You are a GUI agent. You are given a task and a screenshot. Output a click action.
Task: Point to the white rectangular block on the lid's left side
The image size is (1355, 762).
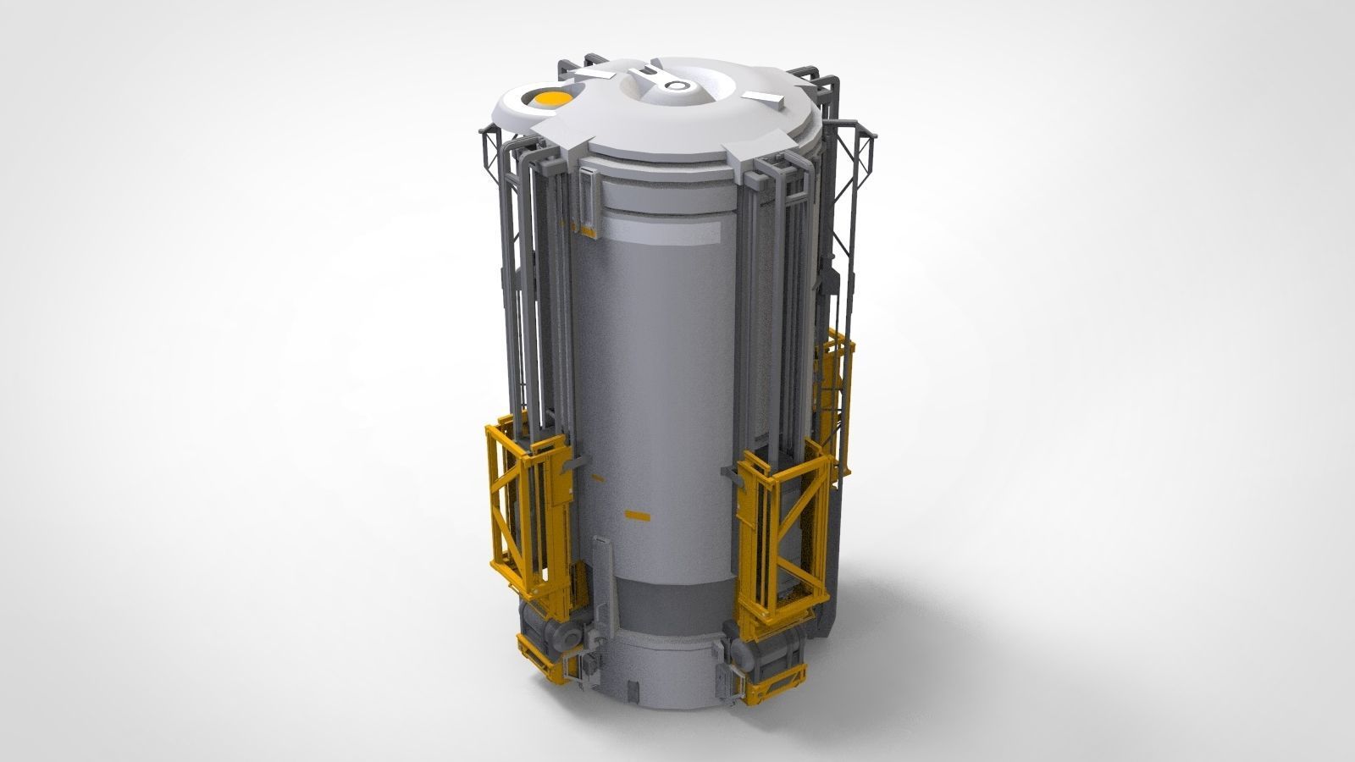coord(599,76)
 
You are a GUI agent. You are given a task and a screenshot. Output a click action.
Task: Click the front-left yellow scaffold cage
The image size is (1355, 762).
coord(529,508)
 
